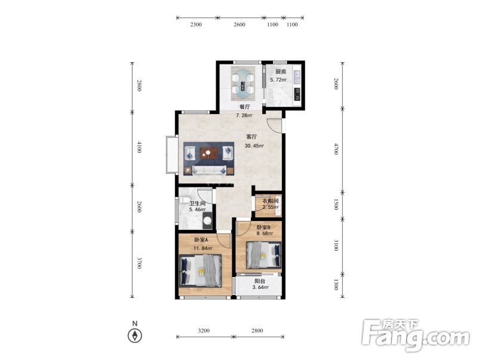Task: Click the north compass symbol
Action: click(x=135, y=336)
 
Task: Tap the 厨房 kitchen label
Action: click(x=281, y=72)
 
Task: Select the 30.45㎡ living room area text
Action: click(x=254, y=146)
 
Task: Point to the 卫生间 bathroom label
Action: click(x=197, y=203)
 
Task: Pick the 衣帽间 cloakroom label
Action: click(x=270, y=201)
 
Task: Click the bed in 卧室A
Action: click(x=200, y=270)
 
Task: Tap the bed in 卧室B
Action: click(x=264, y=256)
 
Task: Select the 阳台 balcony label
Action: click(x=260, y=281)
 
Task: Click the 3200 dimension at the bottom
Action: click(x=204, y=330)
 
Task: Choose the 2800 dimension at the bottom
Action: click(x=257, y=330)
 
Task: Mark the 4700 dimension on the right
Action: click(x=336, y=149)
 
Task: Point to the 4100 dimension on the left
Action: click(x=139, y=147)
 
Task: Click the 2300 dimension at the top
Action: click(x=196, y=24)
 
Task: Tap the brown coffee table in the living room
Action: click(x=208, y=153)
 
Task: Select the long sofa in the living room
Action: click(x=209, y=170)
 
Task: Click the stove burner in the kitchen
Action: click(x=297, y=94)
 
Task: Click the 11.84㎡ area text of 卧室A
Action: click(x=202, y=248)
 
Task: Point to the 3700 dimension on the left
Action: click(x=139, y=263)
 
